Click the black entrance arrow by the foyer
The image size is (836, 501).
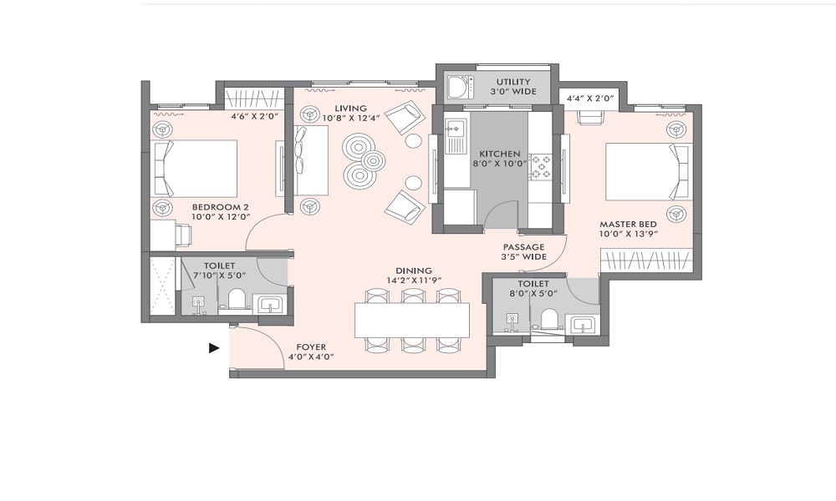214,348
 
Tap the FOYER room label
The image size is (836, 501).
311,347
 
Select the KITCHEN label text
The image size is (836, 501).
500,154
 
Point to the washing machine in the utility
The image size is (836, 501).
460,88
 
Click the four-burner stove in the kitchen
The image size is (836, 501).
540,165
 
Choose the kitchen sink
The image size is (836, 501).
456,136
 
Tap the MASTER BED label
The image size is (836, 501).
628,224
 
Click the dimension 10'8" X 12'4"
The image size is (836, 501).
351,118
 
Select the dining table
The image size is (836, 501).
412,320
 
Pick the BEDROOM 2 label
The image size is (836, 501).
220,207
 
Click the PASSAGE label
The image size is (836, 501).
524,247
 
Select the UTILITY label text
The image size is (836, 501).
513,82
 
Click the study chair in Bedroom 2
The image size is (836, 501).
182,235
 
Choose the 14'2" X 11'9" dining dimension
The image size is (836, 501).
415,280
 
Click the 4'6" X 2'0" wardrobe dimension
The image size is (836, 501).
254,115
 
